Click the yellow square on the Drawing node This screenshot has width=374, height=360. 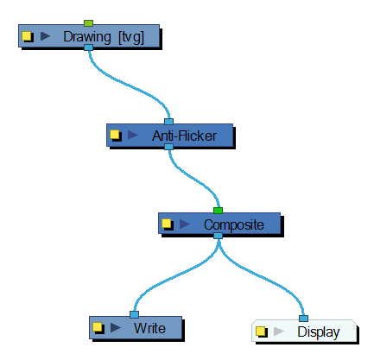point(27,36)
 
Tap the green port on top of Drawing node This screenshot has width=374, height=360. point(88,23)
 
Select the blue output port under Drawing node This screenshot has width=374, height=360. point(88,47)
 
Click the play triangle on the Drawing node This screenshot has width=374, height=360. point(45,36)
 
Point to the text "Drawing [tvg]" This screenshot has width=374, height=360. point(104,37)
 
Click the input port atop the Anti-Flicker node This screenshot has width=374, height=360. point(168,122)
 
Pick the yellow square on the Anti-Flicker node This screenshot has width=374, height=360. point(115,135)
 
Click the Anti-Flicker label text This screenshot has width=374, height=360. point(184,136)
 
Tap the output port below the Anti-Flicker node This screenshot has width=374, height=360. point(168,147)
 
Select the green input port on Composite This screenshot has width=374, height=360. point(218,211)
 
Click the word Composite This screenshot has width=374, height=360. point(234,224)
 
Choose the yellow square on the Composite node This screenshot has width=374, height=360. point(166,224)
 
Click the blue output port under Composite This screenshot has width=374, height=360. point(218,236)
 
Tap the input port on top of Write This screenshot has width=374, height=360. point(134,314)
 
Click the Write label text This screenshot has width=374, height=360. point(149,328)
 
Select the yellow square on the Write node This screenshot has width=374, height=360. point(98,327)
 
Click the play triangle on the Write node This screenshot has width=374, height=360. point(116,327)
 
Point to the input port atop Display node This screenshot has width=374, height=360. point(303,319)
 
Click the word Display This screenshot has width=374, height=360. point(319,332)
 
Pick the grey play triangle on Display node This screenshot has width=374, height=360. point(278,332)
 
